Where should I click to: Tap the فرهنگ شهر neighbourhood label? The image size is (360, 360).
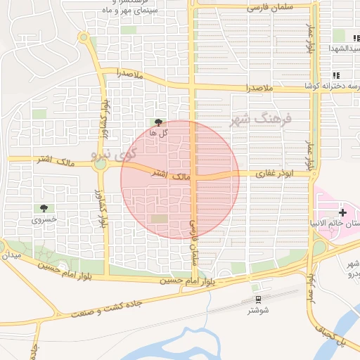258,120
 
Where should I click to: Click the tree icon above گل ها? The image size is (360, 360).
157,122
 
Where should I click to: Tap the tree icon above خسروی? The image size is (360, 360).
44,208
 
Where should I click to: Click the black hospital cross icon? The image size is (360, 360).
342,212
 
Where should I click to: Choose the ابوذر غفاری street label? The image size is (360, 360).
274,173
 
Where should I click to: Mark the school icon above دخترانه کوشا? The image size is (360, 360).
336,75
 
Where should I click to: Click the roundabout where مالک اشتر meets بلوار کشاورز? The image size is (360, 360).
100,165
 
